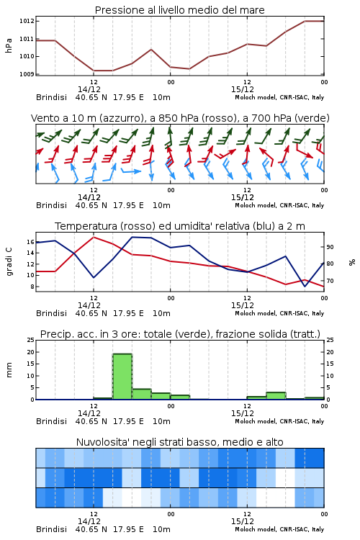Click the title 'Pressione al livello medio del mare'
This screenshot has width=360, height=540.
[x=179, y=10]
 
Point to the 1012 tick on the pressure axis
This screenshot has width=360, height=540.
[x=27, y=21]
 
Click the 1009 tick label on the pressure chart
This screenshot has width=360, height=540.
[x=27, y=74]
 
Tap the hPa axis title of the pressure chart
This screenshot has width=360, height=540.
[x=9, y=45]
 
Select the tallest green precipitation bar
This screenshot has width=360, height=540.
[x=122, y=377]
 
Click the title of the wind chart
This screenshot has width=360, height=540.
[x=180, y=118]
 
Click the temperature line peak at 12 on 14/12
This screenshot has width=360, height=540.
[x=94, y=237]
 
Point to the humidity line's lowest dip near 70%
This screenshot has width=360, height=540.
[x=305, y=286]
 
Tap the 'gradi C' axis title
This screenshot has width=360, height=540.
[x=9, y=262]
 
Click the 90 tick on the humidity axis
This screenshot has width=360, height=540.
[x=330, y=247]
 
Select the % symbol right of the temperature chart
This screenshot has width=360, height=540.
[x=352, y=262]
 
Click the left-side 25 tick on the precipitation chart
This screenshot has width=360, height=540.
[x=31, y=340]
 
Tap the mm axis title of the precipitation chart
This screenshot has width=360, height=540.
[x=9, y=370]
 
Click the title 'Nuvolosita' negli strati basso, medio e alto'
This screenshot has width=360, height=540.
[x=179, y=442]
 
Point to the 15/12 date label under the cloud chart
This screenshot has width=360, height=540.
[x=243, y=521]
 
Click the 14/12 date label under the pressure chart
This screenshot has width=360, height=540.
[x=89, y=89]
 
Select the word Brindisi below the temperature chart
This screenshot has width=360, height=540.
[x=51, y=313]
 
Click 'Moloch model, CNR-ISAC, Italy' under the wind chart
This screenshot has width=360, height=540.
[x=279, y=205]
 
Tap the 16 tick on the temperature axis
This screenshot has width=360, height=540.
[x=31, y=242]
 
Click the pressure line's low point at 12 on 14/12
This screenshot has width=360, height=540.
[x=94, y=71]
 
